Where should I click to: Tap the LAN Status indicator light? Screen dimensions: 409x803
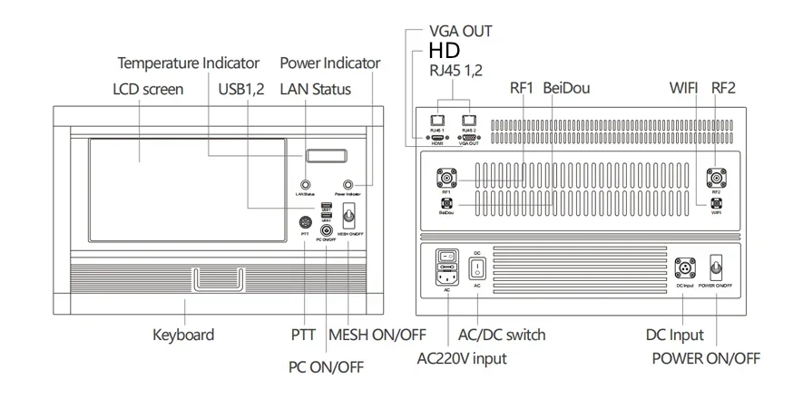click(x=305, y=184)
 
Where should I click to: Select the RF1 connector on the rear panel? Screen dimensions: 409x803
click(x=446, y=176)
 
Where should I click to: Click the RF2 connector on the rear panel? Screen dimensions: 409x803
click(x=716, y=176)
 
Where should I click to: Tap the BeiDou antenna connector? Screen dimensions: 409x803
click(x=446, y=204)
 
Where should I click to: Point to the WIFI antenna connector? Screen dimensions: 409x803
click(x=716, y=204)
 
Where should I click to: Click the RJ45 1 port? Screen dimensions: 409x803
click(x=436, y=120)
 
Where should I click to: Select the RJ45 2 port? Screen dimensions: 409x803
click(x=469, y=120)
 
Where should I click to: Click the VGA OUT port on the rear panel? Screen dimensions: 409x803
click(x=469, y=137)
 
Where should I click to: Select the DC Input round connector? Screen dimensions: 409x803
click(x=683, y=268)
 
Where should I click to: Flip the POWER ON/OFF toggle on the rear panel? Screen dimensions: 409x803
click(x=717, y=268)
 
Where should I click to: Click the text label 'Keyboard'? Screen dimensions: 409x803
click(x=184, y=335)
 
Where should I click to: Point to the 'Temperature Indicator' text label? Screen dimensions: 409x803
click(x=189, y=63)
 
